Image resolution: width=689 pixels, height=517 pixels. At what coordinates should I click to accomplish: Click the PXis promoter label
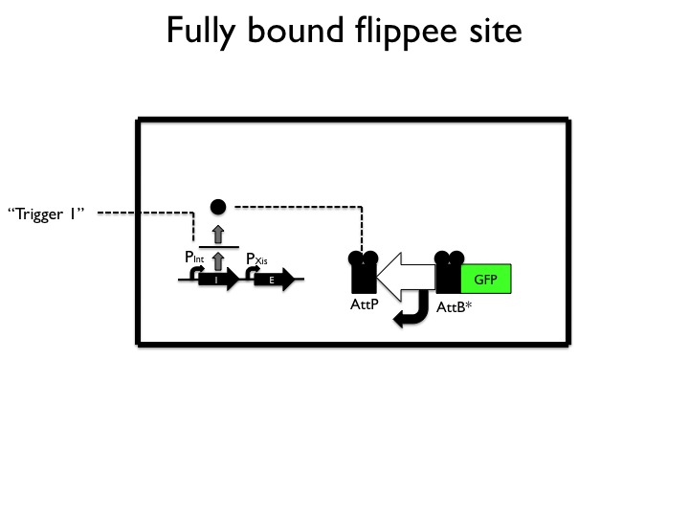tap(256, 258)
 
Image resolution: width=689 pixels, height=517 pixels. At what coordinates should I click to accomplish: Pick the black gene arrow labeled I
tap(218, 281)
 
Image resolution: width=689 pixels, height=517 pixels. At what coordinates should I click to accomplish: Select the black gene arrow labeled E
tap(275, 281)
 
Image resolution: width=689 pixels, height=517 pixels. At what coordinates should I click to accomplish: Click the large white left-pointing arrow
tap(406, 277)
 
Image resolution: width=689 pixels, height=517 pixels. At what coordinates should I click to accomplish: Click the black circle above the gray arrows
tap(218, 206)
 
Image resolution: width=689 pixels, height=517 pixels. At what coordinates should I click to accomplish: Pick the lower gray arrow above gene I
tap(218, 259)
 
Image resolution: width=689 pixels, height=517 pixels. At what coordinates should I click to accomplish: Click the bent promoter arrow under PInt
tap(196, 273)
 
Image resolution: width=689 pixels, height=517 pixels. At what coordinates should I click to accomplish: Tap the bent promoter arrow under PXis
tap(254, 273)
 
